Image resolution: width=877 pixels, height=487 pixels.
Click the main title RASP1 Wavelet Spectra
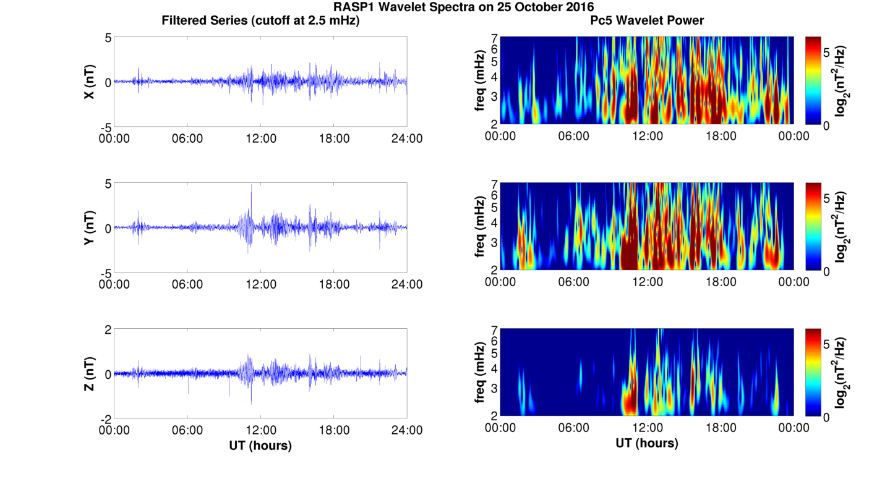pos(464,7)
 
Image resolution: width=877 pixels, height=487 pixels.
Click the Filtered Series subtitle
pos(260,20)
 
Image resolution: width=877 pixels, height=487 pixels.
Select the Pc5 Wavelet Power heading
pos(647,20)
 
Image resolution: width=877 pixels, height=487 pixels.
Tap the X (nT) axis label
pos(89,82)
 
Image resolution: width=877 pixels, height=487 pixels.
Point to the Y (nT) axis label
pos(89,227)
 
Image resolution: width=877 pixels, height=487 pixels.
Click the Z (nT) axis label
pos(89,373)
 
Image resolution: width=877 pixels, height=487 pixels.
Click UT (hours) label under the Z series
pos(260,446)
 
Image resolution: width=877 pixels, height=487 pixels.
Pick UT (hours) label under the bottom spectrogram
pos(647,443)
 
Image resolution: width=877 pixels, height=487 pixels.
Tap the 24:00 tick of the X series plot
pos(407,138)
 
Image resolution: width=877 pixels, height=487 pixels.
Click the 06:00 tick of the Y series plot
pos(187,284)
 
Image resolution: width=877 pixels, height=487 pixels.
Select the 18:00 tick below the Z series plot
pos(334,430)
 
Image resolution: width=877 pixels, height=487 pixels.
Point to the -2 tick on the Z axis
pos(106,420)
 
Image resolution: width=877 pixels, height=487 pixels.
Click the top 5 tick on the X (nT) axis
pos(108,38)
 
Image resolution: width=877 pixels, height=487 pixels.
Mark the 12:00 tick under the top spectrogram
pos(648,136)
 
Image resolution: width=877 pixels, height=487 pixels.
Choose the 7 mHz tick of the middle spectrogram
pos(495,184)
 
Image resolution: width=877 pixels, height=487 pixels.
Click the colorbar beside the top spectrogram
pos(813,80)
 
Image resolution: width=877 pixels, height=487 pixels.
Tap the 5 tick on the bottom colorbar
pos(826,344)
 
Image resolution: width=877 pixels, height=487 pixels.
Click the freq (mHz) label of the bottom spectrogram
pos(480,373)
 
